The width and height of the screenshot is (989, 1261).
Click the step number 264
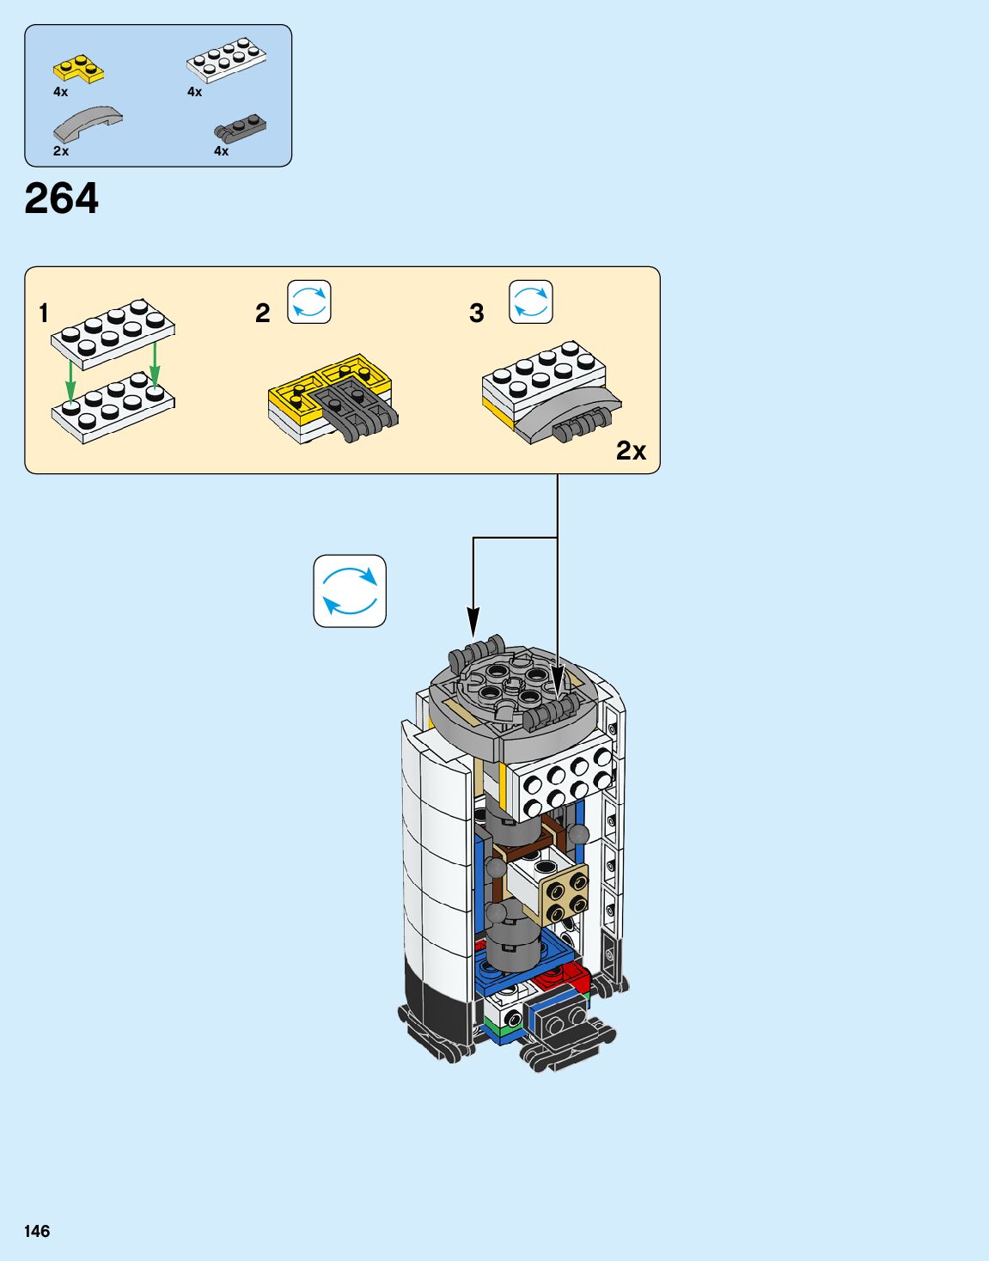[x=62, y=199]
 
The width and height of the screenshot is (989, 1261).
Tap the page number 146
[x=37, y=1231]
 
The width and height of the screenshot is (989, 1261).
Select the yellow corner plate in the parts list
[x=78, y=70]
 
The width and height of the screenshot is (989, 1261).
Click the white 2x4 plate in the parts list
[x=226, y=61]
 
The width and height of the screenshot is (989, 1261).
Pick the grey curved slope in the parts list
[x=88, y=124]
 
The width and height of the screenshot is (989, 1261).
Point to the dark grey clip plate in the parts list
[x=240, y=129]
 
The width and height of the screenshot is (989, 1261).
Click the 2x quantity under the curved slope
[x=61, y=151]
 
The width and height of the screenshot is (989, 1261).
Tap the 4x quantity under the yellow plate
[x=60, y=92]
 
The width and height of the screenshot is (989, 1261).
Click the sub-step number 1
[x=44, y=314]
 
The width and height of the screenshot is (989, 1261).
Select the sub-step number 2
[x=263, y=314]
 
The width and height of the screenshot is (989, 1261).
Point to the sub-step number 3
[x=477, y=314]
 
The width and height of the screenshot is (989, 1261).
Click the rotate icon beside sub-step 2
[x=309, y=302]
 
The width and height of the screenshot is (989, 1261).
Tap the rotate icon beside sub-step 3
[x=531, y=302]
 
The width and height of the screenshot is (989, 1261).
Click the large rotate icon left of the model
[x=350, y=591]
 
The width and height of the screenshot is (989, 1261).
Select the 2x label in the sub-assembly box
[x=631, y=451]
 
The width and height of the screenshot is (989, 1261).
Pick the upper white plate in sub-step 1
[x=113, y=332]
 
